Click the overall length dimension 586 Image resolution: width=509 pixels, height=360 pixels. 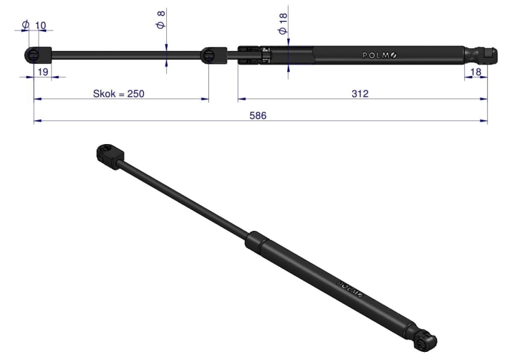[x=258, y=115]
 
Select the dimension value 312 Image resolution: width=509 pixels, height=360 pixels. [x=360, y=94]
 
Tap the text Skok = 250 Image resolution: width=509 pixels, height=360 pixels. [x=119, y=94]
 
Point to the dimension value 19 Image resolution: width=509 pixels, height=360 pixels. [x=43, y=72]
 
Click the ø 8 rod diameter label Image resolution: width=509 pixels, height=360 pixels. [x=161, y=20]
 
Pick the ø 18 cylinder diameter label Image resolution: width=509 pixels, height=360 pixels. [x=283, y=23]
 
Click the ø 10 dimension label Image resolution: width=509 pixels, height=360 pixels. [x=34, y=25]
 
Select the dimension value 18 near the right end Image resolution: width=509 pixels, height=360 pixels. [x=476, y=72]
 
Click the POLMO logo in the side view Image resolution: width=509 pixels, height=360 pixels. [x=379, y=56]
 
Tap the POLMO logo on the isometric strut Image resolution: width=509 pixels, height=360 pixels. [x=351, y=289]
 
